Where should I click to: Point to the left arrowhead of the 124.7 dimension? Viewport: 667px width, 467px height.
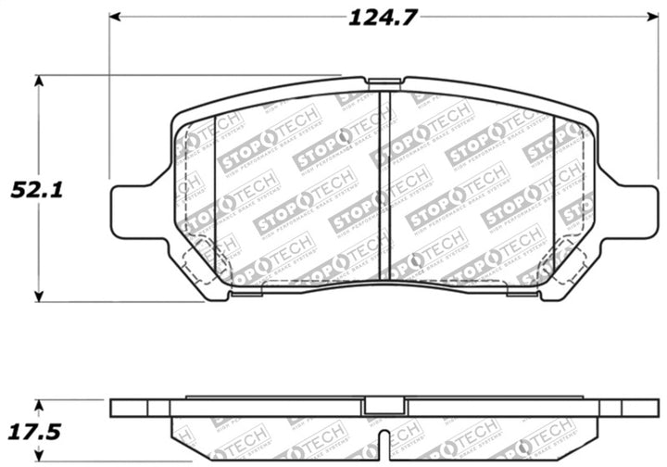pyautogui.click(x=116, y=18)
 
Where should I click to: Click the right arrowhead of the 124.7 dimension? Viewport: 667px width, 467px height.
pyautogui.click(x=642, y=18)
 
